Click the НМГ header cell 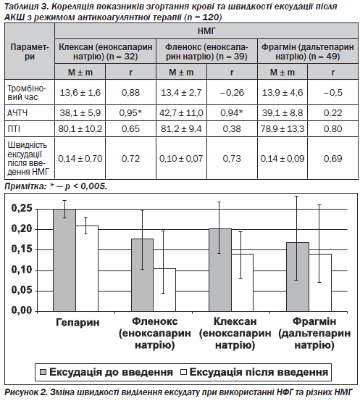(206, 31)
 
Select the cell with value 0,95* (130, 113)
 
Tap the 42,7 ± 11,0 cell (181, 113)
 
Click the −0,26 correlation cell (232, 92)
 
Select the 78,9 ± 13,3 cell (282, 129)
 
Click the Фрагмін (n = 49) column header (308, 51)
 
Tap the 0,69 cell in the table (332, 159)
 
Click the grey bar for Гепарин (64, 260)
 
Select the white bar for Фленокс (164, 290)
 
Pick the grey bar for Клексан (220, 270)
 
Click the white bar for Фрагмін (320, 283)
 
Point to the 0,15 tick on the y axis (22, 249)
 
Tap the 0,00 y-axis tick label (22, 310)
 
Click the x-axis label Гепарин (78, 322)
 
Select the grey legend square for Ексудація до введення (43, 372)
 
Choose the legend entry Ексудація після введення (254, 372)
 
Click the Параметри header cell (30, 51)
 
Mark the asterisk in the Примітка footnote (52, 185)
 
